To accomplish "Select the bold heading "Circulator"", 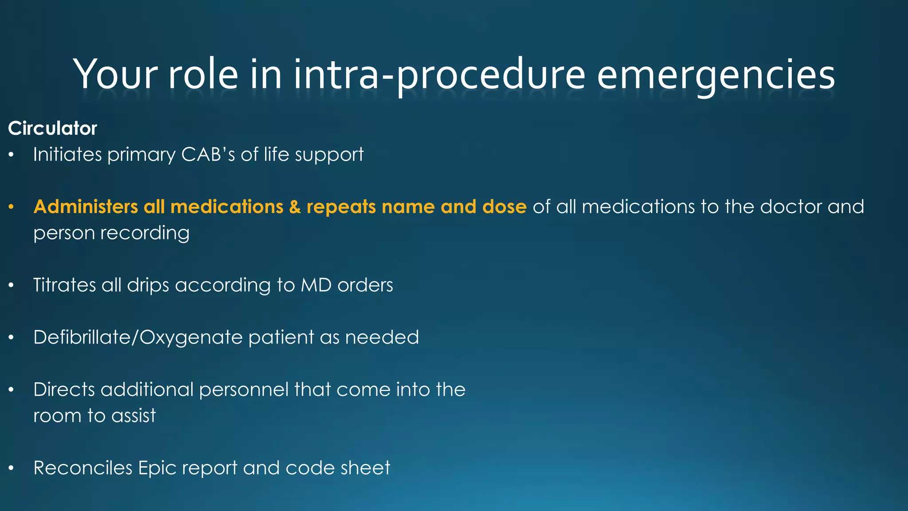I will pyautogui.click(x=52, y=129).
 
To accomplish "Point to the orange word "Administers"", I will pyautogui.click(x=86, y=207).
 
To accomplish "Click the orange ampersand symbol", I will pyautogui.click(x=295, y=207).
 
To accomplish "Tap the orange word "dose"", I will pyautogui.click(x=504, y=207).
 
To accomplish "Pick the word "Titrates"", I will pyautogui.click(x=64, y=285).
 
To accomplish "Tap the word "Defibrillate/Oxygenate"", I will pyautogui.click(x=137, y=338).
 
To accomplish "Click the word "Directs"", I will pyautogui.click(x=64, y=390).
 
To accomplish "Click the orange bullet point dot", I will pyautogui.click(x=12, y=207).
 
